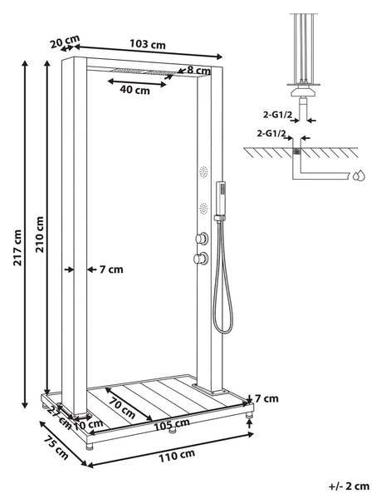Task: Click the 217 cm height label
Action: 17,248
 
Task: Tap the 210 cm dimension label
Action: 39,235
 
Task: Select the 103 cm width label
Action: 148,44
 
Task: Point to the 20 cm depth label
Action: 65,42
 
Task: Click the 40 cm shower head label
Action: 134,90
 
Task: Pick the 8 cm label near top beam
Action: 198,70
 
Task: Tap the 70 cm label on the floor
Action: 122,408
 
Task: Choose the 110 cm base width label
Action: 177,457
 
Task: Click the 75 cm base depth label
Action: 56,448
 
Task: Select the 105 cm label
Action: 172,424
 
